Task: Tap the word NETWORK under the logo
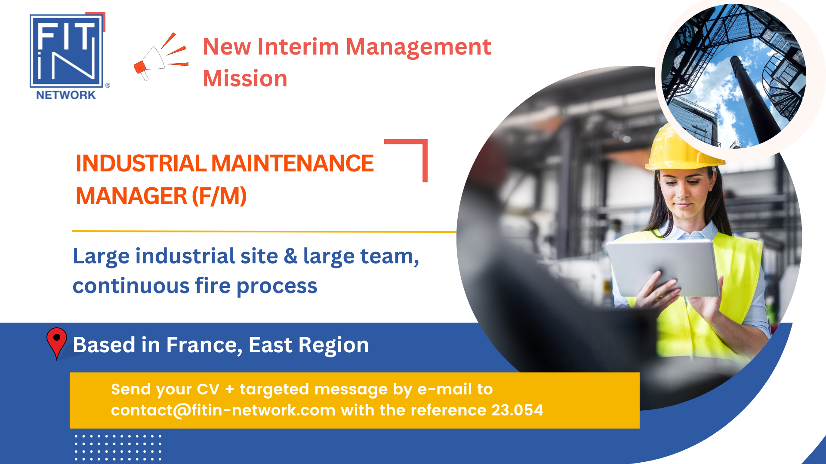point(66,95)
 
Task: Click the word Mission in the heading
point(245,79)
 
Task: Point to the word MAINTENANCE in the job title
point(292,164)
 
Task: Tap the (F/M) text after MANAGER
point(219,196)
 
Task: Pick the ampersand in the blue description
point(290,256)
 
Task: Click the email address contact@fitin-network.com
point(223,410)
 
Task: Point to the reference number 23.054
point(517,410)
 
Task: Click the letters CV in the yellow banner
point(208,389)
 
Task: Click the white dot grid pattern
point(118,447)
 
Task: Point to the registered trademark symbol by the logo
point(108,85)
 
